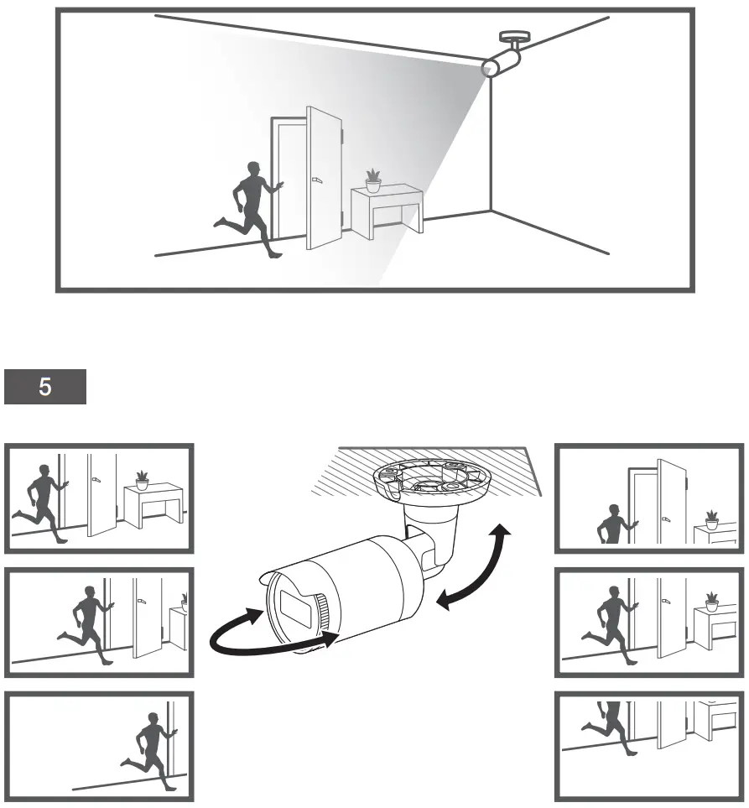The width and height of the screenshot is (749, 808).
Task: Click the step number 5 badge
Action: pos(45,388)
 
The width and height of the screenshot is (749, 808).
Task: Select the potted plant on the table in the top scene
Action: pos(373,180)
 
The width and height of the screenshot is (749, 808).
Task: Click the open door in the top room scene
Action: pos(323,178)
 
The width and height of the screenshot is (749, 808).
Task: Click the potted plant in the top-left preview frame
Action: pos(142,479)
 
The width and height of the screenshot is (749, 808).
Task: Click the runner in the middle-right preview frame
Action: pos(611,622)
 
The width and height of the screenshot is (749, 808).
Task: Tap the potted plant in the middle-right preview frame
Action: pos(711,601)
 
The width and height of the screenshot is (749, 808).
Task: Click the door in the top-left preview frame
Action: pos(102,495)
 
